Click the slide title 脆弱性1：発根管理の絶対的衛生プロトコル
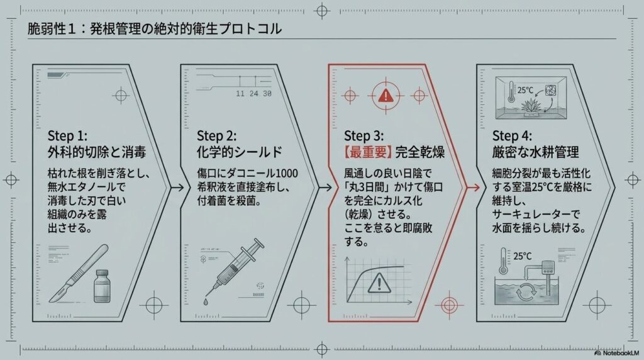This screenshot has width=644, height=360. [x=155, y=30]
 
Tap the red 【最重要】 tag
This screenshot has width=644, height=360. [x=369, y=152]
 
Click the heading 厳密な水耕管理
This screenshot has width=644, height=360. [x=535, y=152]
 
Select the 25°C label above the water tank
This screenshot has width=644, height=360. [x=523, y=257]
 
